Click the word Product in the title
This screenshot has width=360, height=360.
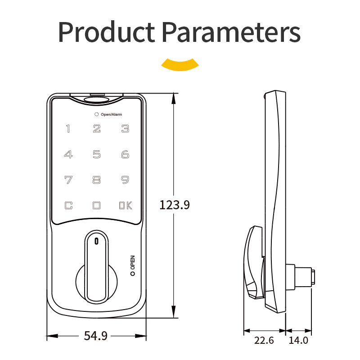pyautogui.click(x=107, y=31)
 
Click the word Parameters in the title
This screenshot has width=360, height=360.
pyautogui.click(x=231, y=31)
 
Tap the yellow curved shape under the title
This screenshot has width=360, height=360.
pyautogui.click(x=180, y=64)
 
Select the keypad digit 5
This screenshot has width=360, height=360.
pyautogui.click(x=97, y=154)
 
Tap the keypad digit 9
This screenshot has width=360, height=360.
pyautogui.click(x=125, y=180)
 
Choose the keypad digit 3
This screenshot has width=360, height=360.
pyautogui.click(x=125, y=129)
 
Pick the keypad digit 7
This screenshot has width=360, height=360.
pyautogui.click(x=68, y=180)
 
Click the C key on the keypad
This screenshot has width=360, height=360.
pyautogui.click(x=68, y=206)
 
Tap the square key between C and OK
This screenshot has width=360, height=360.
pyautogui.click(x=96, y=206)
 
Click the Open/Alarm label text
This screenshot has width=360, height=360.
pyautogui.click(x=111, y=114)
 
